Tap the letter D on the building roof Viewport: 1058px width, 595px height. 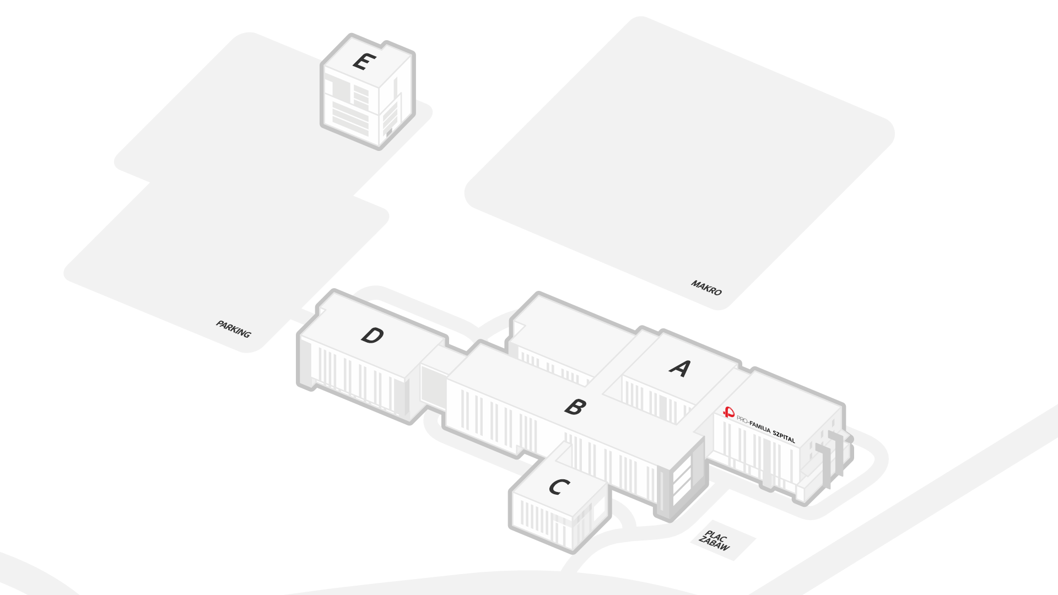373,335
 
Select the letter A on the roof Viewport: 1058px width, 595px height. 680,368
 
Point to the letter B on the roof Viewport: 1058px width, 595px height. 575,407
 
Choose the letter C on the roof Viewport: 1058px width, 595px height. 559,487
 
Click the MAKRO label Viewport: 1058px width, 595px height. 706,288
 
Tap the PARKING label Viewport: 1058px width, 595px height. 233,329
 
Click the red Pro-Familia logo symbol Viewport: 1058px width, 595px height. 729,412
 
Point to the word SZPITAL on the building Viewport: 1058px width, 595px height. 784,436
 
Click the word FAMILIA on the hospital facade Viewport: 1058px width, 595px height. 760,426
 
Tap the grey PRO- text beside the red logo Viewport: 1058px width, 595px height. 743,420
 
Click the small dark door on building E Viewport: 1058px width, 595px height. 388,132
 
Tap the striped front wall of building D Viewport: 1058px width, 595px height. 358,380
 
